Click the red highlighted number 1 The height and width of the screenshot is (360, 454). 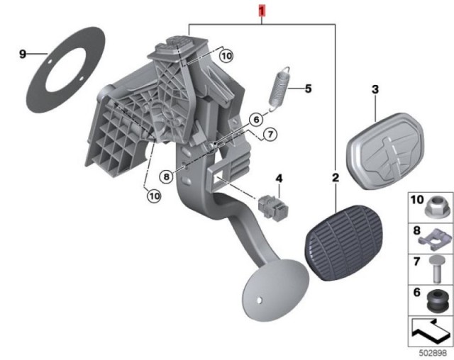[x=262, y=11]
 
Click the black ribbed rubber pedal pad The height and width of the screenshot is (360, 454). [x=345, y=242]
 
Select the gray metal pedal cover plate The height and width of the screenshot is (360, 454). [x=385, y=151]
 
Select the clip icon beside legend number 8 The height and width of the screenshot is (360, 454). [x=435, y=240]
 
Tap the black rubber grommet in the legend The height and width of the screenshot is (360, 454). [x=436, y=301]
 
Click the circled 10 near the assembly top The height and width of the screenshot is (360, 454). [x=226, y=56]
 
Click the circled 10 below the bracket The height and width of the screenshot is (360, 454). [x=154, y=196]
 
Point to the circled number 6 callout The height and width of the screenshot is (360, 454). [x=256, y=120]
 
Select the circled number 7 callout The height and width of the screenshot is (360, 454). [x=270, y=134]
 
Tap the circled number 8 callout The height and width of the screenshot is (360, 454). [x=167, y=176]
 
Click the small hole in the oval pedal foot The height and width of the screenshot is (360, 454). [x=260, y=300]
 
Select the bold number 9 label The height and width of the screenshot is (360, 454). [x=22, y=54]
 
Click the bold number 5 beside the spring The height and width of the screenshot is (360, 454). [x=309, y=89]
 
